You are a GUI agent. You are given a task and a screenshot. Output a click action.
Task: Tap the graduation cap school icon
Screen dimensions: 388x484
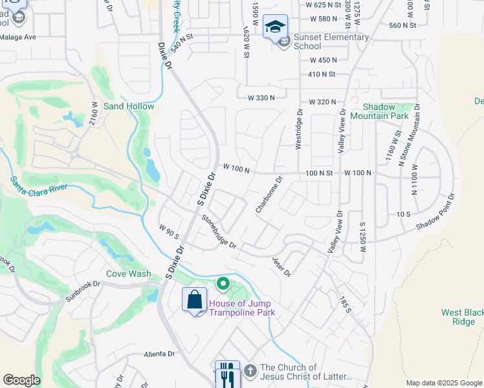click(x=276, y=27)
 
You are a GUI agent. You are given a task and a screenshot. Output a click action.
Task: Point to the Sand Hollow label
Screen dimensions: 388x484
click(x=129, y=106)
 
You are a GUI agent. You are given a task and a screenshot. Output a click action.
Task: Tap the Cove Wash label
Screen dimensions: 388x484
click(x=129, y=274)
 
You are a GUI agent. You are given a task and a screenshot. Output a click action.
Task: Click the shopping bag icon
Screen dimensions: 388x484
click(x=195, y=299)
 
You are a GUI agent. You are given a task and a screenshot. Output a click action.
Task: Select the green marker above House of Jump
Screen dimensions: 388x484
click(x=223, y=284)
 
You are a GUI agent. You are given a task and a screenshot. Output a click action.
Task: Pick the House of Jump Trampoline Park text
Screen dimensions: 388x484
click(x=241, y=308)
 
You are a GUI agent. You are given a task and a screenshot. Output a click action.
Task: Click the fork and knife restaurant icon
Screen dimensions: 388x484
click(x=226, y=373)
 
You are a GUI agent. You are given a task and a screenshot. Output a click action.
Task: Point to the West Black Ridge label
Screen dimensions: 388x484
click(x=463, y=317)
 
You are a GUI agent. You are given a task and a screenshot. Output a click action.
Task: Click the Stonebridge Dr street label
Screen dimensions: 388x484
click(x=219, y=232)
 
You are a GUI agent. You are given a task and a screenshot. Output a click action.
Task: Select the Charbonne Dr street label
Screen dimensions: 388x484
click(x=269, y=195)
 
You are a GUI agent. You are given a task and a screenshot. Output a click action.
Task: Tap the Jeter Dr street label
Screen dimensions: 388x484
click(x=281, y=266)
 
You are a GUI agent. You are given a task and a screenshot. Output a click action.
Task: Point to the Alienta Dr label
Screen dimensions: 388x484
click(x=160, y=354)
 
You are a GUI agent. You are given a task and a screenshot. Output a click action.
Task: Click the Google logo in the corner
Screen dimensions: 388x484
click(x=21, y=380)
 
